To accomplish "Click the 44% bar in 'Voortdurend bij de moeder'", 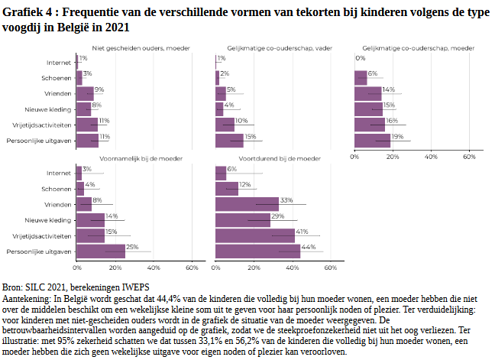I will point(258,251).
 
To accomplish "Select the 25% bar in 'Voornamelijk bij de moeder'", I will point(100,251).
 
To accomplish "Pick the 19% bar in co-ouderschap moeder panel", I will point(373,141).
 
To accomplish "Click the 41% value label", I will point(302,232).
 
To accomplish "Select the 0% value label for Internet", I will point(360,58).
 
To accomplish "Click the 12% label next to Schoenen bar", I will point(245,185).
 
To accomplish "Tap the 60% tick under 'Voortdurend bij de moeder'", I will point(331,268).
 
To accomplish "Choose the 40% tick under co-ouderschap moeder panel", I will point(431,157).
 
